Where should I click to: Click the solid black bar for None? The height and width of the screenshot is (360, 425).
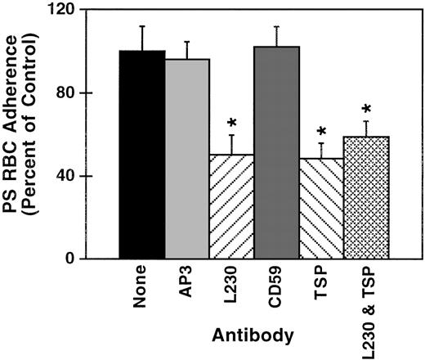(142, 155)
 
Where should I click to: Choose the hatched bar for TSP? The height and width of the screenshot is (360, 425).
(322, 208)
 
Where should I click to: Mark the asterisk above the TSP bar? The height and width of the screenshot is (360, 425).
(321, 131)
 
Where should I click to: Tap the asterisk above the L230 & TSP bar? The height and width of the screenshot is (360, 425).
(367, 109)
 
